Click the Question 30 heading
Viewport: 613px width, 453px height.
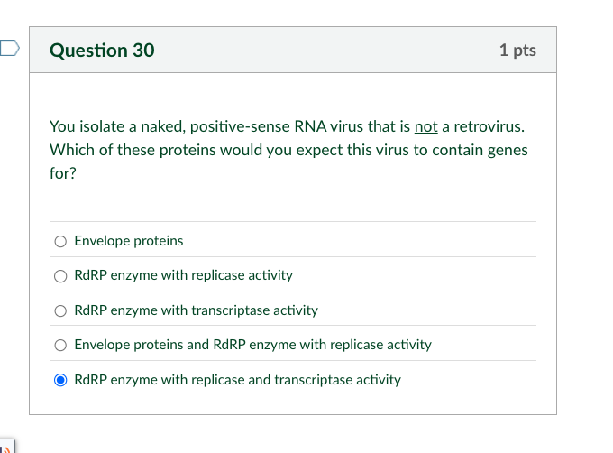click(x=102, y=51)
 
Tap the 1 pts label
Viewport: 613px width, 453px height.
click(x=517, y=51)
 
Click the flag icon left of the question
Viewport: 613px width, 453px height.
click(x=9, y=48)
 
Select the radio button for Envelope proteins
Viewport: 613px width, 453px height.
click(x=60, y=241)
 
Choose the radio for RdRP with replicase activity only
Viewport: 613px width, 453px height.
click(x=60, y=276)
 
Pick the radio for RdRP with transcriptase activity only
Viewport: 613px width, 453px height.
click(x=60, y=310)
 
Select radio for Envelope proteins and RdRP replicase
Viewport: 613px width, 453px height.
click(x=60, y=345)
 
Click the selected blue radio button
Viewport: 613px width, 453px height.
click(x=60, y=380)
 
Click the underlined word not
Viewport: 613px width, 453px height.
click(x=426, y=126)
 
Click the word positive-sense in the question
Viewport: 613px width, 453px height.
click(x=240, y=127)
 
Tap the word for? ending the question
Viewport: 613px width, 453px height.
click(x=63, y=173)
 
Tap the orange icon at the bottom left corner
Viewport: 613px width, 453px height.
click(x=6, y=449)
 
